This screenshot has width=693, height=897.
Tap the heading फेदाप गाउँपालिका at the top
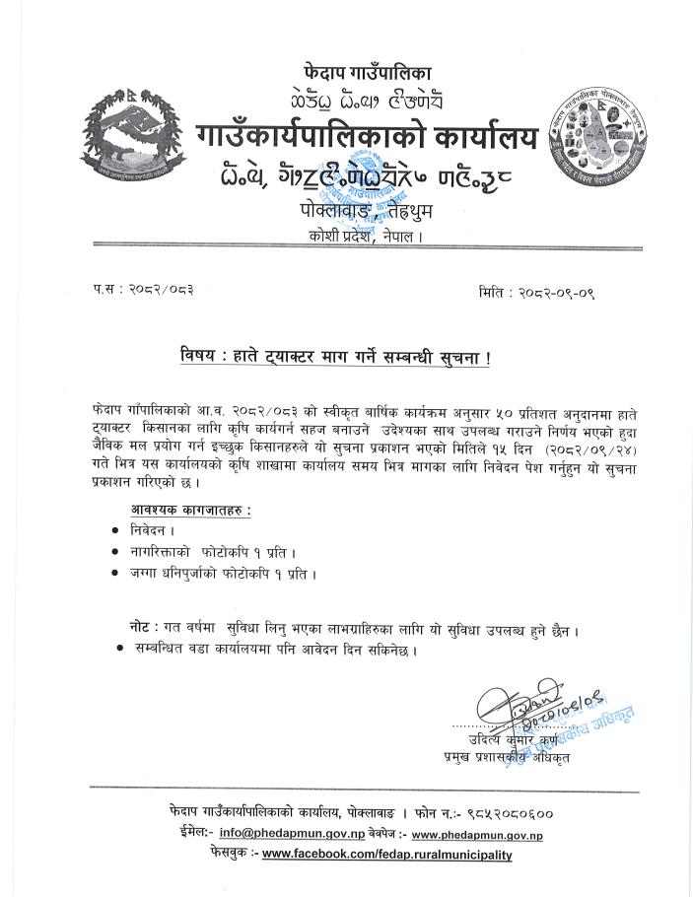click(367, 72)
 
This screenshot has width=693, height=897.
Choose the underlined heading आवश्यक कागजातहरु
click(190, 510)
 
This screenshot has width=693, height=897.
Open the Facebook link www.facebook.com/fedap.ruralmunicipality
click(387, 855)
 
